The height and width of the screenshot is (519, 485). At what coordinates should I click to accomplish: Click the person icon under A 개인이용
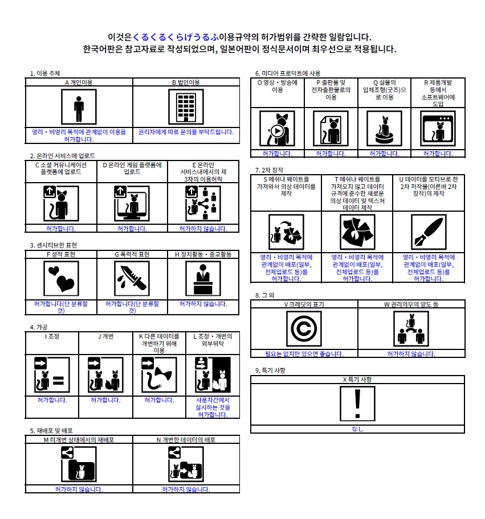tap(79, 106)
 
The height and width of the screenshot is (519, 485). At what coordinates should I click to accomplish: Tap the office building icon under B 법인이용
tap(186, 106)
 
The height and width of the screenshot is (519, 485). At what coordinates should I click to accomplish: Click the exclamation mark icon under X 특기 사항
tap(357, 403)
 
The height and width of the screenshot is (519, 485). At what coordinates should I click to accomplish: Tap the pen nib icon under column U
tap(429, 232)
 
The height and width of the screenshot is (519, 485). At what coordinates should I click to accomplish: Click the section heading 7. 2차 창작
tap(269, 170)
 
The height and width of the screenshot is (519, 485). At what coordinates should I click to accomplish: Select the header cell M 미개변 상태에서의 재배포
tap(79, 440)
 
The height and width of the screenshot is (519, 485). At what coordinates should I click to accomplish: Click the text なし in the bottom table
tap(357, 429)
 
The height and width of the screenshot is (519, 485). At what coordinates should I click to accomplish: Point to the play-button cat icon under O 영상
tap(277, 129)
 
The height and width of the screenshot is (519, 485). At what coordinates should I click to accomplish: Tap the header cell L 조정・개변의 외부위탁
tap(213, 340)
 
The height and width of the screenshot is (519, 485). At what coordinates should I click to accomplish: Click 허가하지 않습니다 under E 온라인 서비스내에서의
tap(203, 229)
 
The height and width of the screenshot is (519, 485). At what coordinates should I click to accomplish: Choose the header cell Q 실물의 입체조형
tap(384, 89)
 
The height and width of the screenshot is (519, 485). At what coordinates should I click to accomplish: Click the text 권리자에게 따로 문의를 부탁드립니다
tap(186, 131)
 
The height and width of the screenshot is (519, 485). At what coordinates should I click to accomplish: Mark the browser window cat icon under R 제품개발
tap(438, 129)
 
